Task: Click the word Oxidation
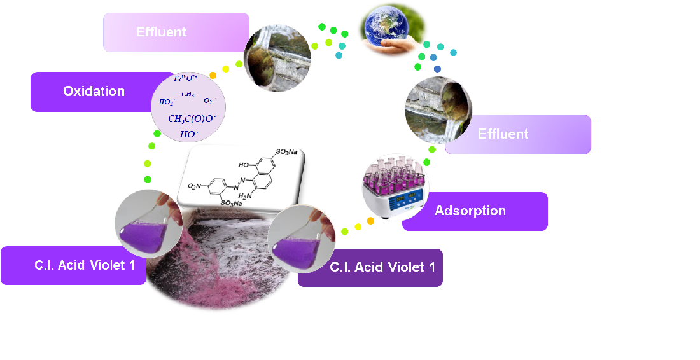94,92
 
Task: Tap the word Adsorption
470,211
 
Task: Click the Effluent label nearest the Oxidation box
161,32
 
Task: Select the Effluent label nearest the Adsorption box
503,134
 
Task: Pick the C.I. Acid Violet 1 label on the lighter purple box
85,265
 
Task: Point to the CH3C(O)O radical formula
192,119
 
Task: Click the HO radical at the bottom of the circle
188,134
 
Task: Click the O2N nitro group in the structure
195,187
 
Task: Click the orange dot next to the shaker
370,221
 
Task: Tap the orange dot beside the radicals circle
213,76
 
